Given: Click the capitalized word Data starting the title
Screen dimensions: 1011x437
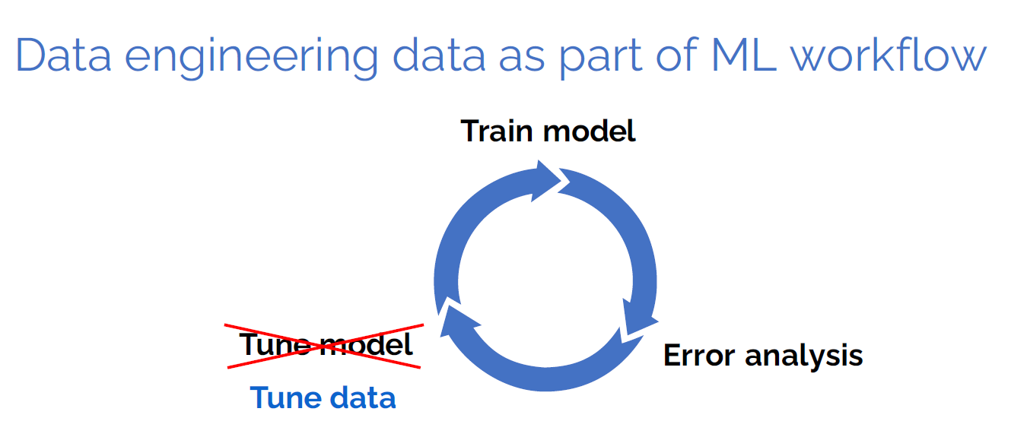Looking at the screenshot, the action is pos(63,55).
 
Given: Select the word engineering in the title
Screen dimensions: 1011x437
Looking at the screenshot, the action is pos(251,59).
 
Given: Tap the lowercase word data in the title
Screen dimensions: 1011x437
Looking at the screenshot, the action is pos(439,55).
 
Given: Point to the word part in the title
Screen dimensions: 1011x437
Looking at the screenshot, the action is pos(601,59).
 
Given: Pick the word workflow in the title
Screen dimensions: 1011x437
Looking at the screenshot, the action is pos(889,55).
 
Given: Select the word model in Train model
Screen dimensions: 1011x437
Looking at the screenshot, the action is pos(590,131).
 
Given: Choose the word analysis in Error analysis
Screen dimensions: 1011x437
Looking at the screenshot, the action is pos(804,356).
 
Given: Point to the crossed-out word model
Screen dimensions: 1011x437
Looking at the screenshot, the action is pos(367,345).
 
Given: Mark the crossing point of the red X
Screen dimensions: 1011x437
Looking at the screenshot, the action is pos(324,347).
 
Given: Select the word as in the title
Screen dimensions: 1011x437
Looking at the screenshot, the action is pos(522,59).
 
